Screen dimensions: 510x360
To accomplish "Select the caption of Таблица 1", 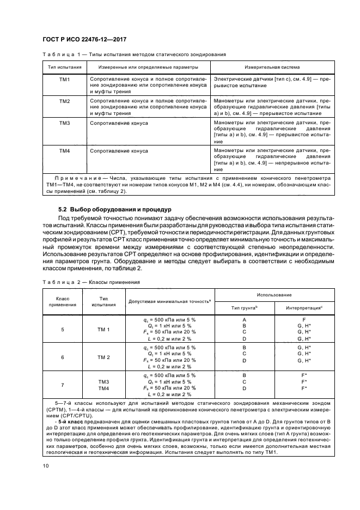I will click(x=134, y=55).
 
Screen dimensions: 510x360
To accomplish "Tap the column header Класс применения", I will click(x=63, y=301).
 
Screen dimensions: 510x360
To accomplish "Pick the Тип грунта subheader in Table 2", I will click(x=244, y=308).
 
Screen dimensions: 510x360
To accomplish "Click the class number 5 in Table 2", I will click(x=63, y=330).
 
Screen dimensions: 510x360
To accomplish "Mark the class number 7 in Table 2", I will click(x=63, y=385).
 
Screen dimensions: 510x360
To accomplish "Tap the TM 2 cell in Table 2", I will click(x=103, y=357).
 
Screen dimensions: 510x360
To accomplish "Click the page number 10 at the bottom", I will click(x=46, y=465).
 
